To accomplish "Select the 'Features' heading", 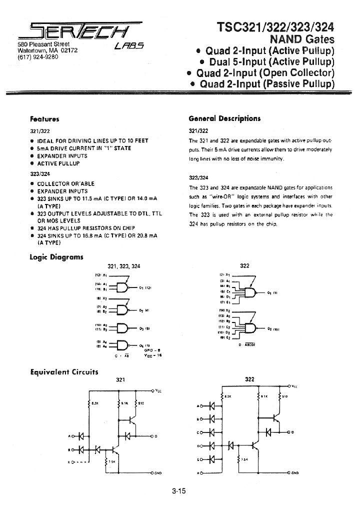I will click(x=44, y=119).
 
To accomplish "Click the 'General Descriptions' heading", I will click(x=224, y=118).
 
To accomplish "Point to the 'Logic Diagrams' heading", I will click(x=56, y=257).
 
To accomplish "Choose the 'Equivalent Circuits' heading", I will click(x=64, y=372).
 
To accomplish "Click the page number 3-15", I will click(x=178, y=491).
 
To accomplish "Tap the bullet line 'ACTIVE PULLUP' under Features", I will click(x=58, y=163).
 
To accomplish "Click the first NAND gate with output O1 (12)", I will click(x=122, y=287).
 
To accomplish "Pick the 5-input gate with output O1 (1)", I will click(x=248, y=292).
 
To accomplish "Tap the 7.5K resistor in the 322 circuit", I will click(x=239, y=459).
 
